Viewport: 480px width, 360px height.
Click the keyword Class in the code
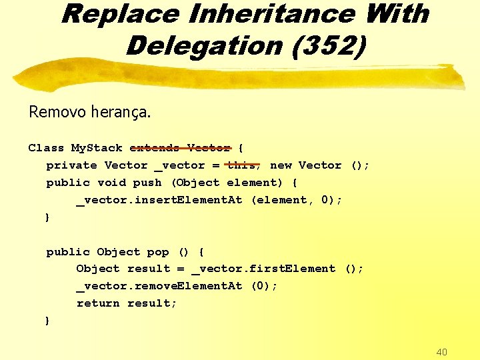(46, 148)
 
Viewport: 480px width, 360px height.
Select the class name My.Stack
(97, 148)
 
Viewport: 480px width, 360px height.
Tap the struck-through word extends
(155, 148)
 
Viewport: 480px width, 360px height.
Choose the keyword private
(71, 165)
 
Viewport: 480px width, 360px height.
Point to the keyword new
(281, 165)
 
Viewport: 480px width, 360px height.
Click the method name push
(147, 183)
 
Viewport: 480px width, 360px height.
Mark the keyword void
(111, 183)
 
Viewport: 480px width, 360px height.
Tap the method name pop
(158, 252)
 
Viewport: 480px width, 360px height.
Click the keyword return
(98, 303)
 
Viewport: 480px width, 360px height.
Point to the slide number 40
(441, 351)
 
